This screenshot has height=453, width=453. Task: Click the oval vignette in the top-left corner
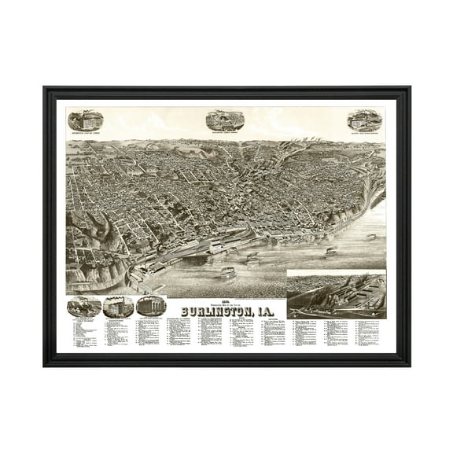click(86, 120)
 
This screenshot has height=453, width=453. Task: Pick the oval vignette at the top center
click(224, 120)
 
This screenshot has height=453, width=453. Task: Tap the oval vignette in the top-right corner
click(364, 120)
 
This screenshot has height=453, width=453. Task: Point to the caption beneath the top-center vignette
click(224, 133)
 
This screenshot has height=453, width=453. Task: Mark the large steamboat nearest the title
click(226, 273)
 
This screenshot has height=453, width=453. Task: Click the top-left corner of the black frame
click(44, 88)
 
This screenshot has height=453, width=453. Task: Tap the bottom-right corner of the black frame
click(409, 365)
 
